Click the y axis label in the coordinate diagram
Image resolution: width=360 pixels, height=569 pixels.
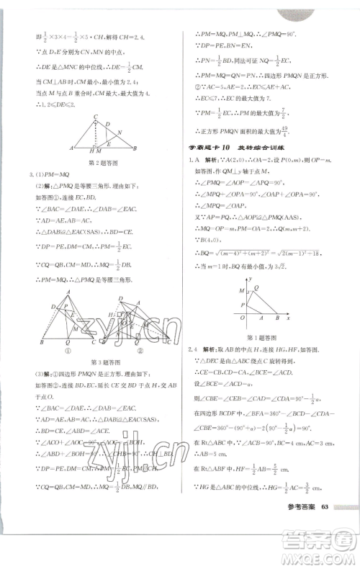click(x=247, y=277)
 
